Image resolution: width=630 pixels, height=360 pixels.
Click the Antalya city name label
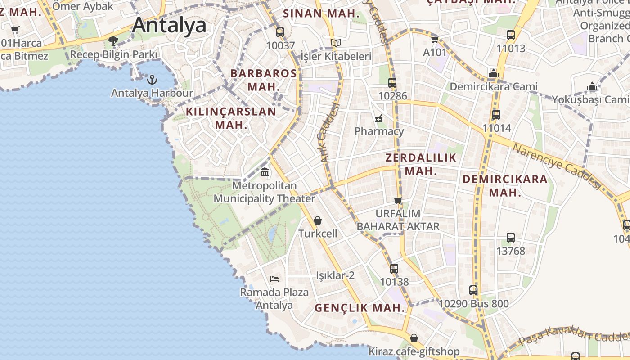click(169, 25)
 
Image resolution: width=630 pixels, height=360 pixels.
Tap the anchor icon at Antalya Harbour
click(152, 80)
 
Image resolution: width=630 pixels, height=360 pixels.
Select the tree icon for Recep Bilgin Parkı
click(113, 41)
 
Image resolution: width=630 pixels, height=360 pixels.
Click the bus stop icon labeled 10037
click(280, 32)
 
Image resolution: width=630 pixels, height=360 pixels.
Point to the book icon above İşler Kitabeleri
click(336, 43)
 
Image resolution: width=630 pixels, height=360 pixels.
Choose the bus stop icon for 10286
click(392, 83)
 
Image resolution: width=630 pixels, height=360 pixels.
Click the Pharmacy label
click(379, 131)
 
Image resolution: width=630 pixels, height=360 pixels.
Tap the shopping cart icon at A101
click(435, 40)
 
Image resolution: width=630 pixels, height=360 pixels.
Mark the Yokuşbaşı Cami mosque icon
click(592, 86)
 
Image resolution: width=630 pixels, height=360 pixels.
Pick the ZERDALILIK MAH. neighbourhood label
click(421, 164)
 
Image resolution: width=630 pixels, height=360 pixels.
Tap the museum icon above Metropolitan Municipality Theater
click(265, 172)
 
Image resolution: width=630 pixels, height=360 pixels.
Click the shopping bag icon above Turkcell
click(318, 220)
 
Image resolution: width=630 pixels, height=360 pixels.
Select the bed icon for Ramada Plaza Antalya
click(274, 279)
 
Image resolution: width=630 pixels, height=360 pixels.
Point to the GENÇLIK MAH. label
click(360, 308)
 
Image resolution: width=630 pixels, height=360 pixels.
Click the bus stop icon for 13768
click(510, 238)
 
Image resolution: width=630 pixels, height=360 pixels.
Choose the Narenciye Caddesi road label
click(557, 166)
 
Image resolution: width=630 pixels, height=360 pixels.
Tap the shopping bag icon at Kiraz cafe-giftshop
click(414, 338)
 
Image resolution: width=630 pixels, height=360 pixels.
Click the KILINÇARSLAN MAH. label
click(231, 118)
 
